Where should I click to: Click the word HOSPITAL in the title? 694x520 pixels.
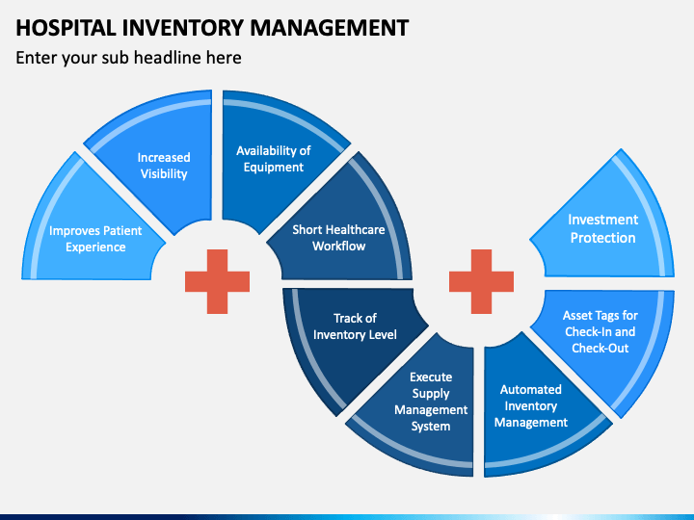tap(66, 27)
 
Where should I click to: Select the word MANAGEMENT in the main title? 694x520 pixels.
tap(330, 27)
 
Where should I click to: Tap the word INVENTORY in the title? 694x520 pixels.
tap(183, 27)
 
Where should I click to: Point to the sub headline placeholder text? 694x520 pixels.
tap(128, 58)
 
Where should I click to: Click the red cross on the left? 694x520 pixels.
tap(217, 281)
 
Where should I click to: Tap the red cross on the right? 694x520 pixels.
tap(482, 281)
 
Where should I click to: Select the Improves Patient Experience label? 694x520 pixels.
tap(95, 239)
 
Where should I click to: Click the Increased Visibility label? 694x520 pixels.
tap(164, 166)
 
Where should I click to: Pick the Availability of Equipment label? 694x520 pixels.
tap(274, 159)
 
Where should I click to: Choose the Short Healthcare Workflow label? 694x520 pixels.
tap(338, 238)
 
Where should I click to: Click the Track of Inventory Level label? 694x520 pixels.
tap(355, 326)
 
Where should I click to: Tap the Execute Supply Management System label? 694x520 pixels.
tap(431, 402)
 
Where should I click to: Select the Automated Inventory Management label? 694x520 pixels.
tap(531, 406)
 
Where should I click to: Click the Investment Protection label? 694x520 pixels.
tap(602, 228)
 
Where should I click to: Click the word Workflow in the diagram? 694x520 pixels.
tap(339, 247)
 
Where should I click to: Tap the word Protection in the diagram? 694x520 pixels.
tap(602, 238)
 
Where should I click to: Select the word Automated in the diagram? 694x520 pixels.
tap(531, 390)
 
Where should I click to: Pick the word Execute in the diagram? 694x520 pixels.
tap(431, 377)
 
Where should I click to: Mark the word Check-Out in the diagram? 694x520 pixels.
tap(601, 348)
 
